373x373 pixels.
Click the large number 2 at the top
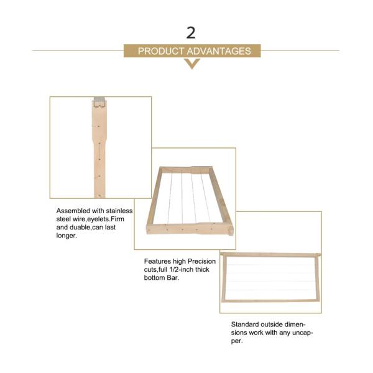coord(191,33)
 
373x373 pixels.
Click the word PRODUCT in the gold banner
coord(161,51)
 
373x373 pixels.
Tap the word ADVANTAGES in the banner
coord(219,51)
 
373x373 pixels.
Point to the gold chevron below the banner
coord(192,63)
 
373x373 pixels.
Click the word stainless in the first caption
coord(119,211)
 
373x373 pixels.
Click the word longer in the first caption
coord(67,236)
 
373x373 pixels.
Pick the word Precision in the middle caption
coord(201,261)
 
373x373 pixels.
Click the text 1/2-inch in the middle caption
coord(180,270)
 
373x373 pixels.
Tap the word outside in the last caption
coord(272,325)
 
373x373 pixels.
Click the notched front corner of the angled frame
coord(230,231)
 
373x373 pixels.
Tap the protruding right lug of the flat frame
coord(319,255)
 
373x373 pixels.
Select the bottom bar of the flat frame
coord(270,301)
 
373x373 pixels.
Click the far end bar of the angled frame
coord(185,169)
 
